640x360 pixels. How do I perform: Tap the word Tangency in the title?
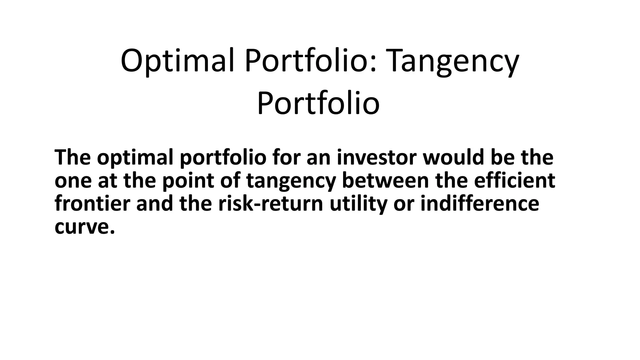pos(453,61)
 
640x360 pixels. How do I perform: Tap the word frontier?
pos(92,203)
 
